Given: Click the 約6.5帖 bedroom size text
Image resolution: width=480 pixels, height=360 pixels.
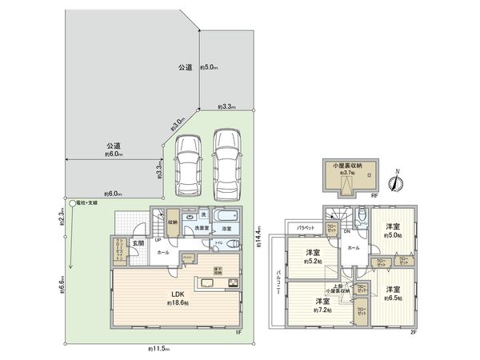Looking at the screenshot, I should coord(392,298).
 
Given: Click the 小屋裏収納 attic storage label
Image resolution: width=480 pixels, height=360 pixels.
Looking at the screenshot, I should coord(348,165).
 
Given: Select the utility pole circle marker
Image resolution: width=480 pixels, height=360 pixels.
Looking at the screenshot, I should coord(71,204).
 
